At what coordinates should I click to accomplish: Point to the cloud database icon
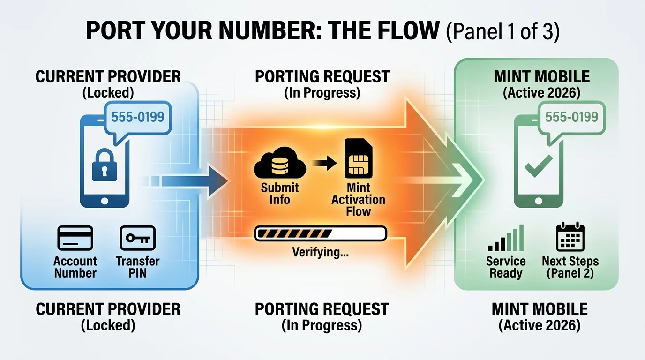pos(279,164)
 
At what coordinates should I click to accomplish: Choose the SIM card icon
pos(358,158)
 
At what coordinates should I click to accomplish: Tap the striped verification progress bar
pos(320,233)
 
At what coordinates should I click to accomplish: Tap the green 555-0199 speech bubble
pos(571,116)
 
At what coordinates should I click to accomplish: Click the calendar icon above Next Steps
pos(570,238)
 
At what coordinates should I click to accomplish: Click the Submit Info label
pos(280,193)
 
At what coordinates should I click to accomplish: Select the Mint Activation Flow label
pos(358,199)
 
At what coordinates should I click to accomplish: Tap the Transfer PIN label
pos(137,267)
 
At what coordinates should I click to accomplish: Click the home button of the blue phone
pos(105,201)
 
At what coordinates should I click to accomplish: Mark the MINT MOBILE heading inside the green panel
pos(541,76)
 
